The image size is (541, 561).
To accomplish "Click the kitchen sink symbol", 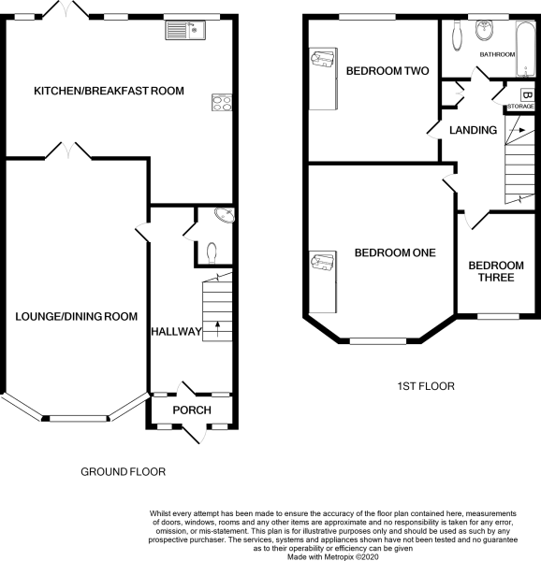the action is tap(185, 30).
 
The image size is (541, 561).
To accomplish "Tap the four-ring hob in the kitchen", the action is tap(222, 102).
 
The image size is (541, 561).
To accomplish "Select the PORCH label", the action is tap(192, 410).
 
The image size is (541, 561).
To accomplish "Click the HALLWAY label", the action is tap(176, 332).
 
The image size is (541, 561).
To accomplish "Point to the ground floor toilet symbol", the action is tap(212, 252).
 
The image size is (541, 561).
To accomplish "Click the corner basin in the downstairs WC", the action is tap(226, 215).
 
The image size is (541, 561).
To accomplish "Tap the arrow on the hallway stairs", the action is tap(217, 329).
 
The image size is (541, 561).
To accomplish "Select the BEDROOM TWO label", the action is tap(387, 71).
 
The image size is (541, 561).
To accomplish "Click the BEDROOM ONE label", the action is tap(395, 253).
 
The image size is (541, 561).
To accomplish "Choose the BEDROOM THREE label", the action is tap(496, 271).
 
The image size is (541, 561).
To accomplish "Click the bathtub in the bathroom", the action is tap(525, 49).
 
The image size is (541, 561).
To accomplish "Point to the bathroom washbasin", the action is tap(484, 29).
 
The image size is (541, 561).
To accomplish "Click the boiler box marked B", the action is tap(527, 95).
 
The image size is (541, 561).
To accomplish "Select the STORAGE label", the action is tap(520, 107).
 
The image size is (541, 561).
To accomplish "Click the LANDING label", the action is tap(473, 130).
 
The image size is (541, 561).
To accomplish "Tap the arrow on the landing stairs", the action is tap(517, 130).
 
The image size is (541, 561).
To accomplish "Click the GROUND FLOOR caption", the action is tap(124, 472).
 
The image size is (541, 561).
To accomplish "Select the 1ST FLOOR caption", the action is tap(426, 386).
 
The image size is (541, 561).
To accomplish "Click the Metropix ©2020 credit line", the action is tap(333, 556).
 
